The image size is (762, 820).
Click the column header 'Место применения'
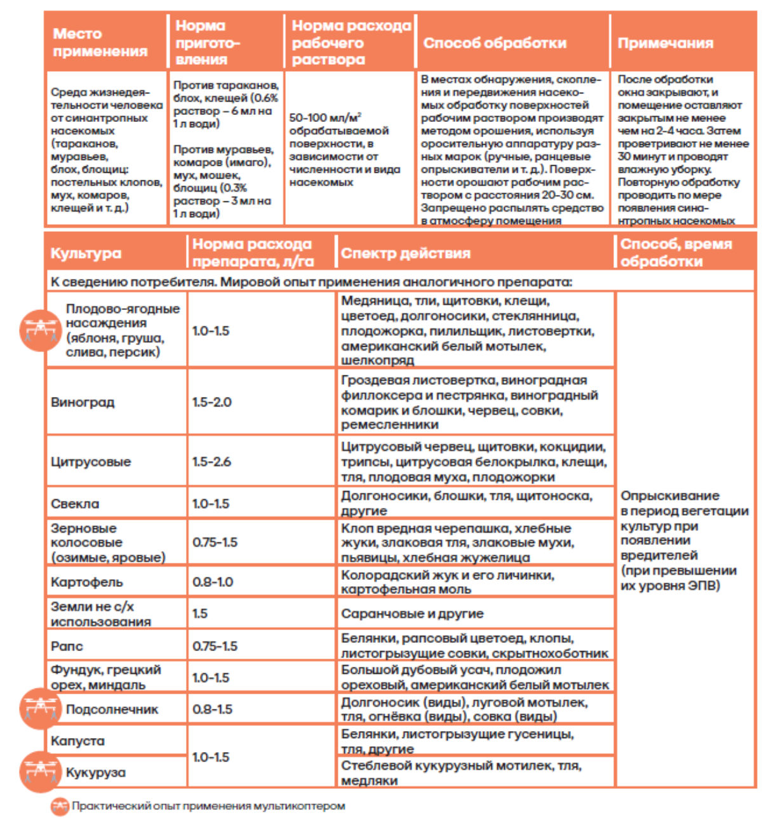coord(100,43)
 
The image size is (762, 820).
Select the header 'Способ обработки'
coord(495,43)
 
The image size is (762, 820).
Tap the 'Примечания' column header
coord(665,43)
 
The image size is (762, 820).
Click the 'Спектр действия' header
coord(405,253)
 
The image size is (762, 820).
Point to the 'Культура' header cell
coord(86,253)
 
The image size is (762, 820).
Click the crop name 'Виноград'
coord(83,402)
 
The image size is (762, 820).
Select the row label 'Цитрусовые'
coord(90,462)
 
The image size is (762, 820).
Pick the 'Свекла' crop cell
coord(75,504)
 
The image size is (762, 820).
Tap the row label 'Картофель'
coord(86,582)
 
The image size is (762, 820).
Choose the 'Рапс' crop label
coord(67,646)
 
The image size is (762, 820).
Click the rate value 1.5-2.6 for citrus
coord(211,462)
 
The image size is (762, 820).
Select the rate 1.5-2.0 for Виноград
coord(211,402)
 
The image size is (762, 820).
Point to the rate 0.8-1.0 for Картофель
coord(213,582)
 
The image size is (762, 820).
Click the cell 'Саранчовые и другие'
coord(412,614)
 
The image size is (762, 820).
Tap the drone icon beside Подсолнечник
coord(39,708)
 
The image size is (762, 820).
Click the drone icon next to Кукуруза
coord(39,771)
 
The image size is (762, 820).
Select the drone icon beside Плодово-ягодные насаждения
coord(39,330)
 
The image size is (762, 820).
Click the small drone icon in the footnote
coord(59,807)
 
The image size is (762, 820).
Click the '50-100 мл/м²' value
coord(325,118)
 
